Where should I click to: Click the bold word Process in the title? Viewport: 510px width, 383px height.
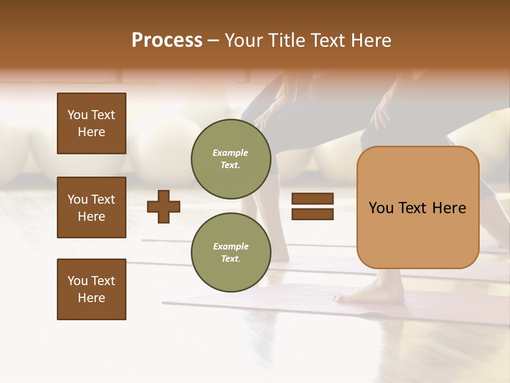[167, 40]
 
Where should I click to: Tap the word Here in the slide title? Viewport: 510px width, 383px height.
[371, 40]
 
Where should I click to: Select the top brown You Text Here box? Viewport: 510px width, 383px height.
[91, 123]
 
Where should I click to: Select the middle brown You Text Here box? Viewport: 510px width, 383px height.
[91, 207]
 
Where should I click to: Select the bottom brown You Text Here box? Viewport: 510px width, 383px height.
[91, 289]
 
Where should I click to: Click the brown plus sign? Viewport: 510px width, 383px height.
[164, 206]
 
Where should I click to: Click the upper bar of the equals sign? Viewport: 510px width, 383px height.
[312, 198]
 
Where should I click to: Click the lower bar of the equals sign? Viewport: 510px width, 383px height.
[312, 214]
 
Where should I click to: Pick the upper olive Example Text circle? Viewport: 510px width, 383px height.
[231, 159]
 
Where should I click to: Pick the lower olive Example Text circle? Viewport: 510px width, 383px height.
[231, 252]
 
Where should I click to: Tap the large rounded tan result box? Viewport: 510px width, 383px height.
[418, 234]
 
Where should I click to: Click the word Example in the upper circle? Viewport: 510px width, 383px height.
[231, 153]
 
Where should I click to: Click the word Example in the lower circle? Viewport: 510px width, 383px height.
[231, 246]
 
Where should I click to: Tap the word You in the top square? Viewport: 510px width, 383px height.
[78, 115]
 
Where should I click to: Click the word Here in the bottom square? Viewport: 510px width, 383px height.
[91, 298]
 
